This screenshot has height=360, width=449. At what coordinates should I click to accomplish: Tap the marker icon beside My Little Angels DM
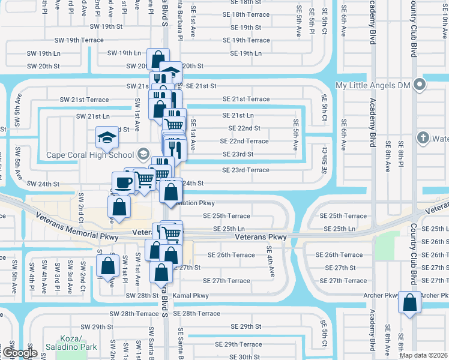[418, 86]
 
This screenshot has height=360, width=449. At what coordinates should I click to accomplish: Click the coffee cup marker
[123, 182]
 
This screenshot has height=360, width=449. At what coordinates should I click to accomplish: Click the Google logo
[19, 353]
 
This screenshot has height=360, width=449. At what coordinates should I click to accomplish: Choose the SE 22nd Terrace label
[244, 141]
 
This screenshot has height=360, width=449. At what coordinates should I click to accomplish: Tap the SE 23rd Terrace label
[246, 170]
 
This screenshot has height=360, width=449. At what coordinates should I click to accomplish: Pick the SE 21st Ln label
[238, 115]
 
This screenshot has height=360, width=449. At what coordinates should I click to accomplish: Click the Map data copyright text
[423, 355]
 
